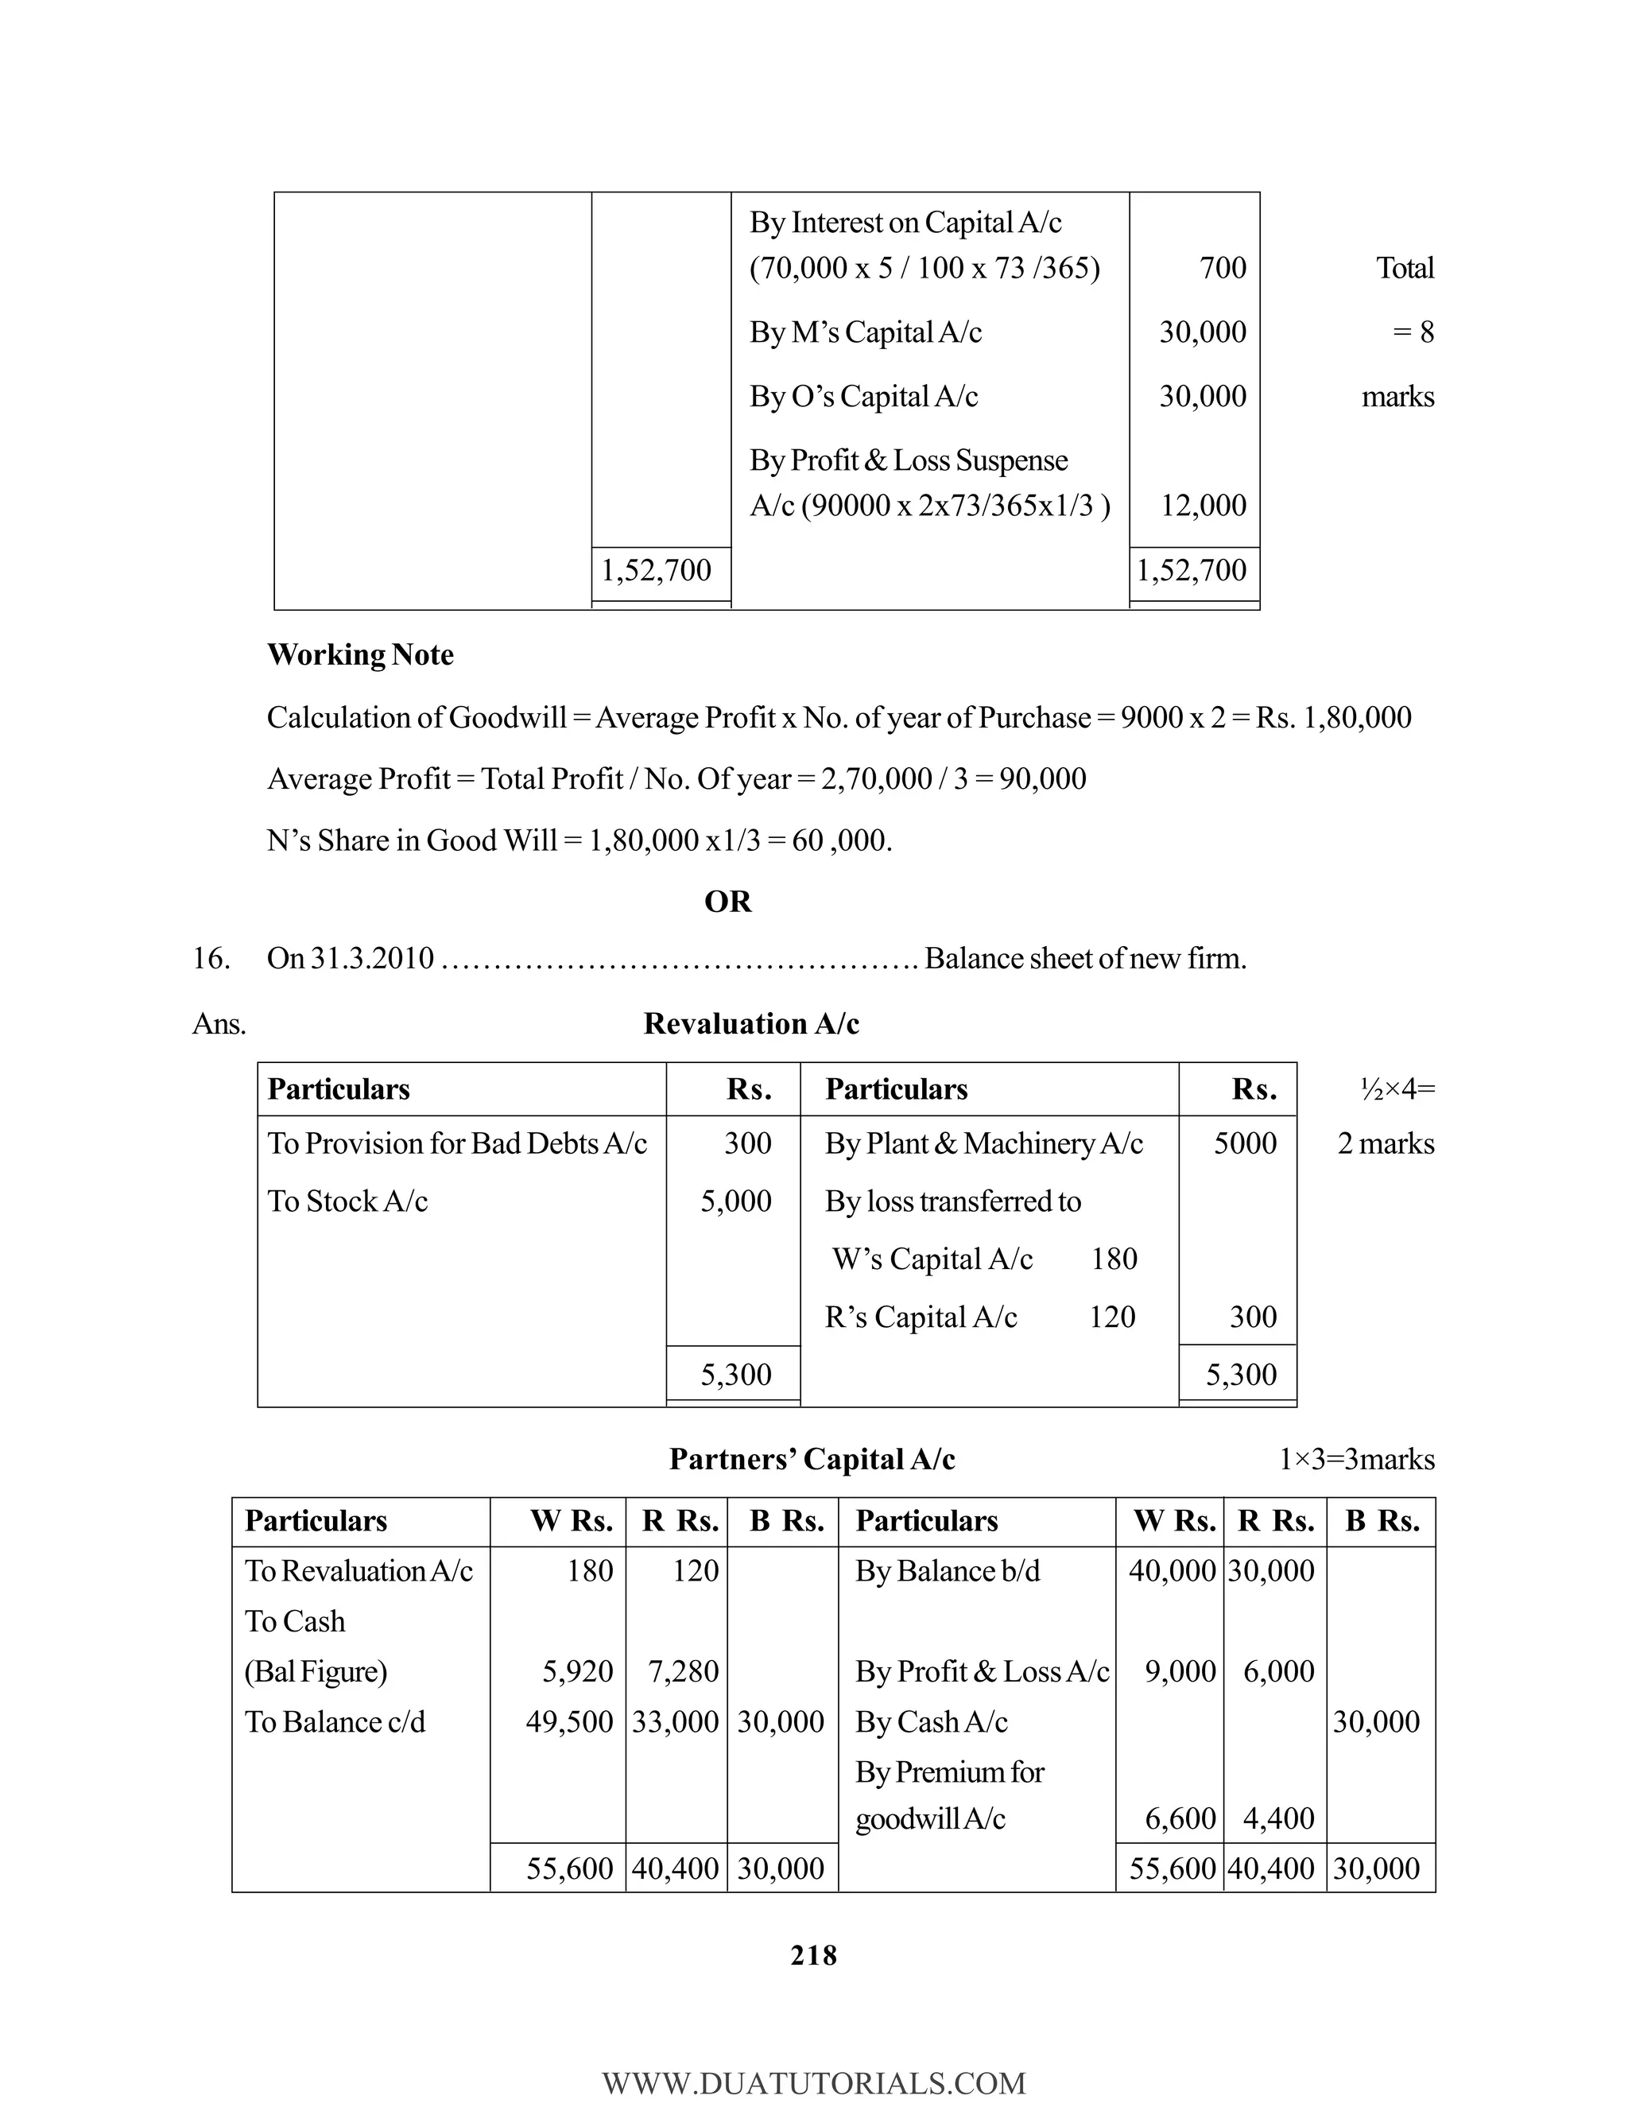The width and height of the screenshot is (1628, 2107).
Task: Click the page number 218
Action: click(x=813, y=1954)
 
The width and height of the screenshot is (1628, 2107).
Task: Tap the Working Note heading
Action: click(x=360, y=654)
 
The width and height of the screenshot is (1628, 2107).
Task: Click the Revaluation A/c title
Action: click(x=750, y=1023)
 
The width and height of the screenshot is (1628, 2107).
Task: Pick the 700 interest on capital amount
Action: click(x=1222, y=267)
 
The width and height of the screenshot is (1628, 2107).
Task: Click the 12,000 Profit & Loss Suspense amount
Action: click(x=1203, y=505)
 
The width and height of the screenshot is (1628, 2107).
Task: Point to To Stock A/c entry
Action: click(x=347, y=1201)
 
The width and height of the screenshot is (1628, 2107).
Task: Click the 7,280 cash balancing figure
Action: click(x=683, y=1671)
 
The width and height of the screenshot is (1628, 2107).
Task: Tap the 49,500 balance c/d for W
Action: click(x=569, y=1721)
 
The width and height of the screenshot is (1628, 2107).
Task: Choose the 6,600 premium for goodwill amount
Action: click(x=1180, y=1818)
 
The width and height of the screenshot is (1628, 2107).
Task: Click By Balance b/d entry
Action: click(x=947, y=1570)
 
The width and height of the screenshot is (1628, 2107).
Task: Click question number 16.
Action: click(x=211, y=958)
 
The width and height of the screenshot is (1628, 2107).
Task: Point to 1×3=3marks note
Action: click(x=1356, y=1459)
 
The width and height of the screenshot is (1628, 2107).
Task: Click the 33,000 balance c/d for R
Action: click(x=675, y=1721)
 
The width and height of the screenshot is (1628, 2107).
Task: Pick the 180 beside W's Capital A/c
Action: click(x=1114, y=1259)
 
